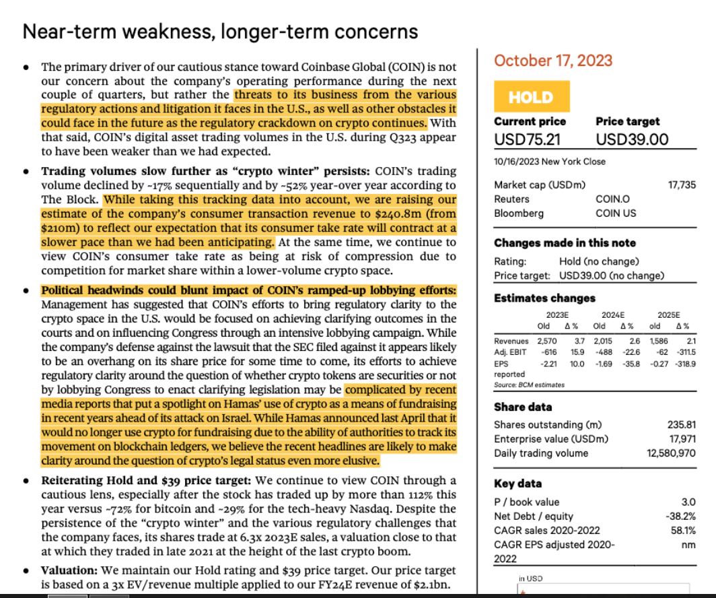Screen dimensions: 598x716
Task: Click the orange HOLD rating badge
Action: pyautogui.click(x=530, y=97)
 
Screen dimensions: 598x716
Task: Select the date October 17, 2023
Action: pyautogui.click(x=553, y=61)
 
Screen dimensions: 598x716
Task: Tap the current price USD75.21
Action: pyautogui.click(x=528, y=139)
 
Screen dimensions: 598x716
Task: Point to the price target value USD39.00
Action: pyautogui.click(x=632, y=139)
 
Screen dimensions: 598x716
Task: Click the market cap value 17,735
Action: pyautogui.click(x=682, y=185)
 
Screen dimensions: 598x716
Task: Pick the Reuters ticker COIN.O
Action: pyautogui.click(x=612, y=199)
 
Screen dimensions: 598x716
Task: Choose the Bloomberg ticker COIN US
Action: pyautogui.click(x=616, y=213)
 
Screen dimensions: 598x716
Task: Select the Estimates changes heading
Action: pyautogui.click(x=544, y=298)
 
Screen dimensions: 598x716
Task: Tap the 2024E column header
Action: pyautogui.click(x=612, y=314)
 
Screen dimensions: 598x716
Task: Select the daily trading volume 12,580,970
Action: pyautogui.click(x=671, y=453)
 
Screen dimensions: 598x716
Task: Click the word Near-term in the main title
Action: pyautogui.click(x=65, y=32)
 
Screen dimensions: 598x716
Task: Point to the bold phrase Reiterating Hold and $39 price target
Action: pyautogui.click(x=146, y=481)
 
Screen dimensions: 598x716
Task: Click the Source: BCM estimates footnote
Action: pyautogui.click(x=530, y=385)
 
